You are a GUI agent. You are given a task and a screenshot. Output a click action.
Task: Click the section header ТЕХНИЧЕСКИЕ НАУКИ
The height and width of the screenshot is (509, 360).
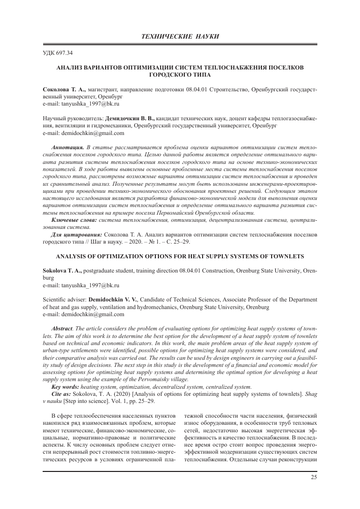pos(180,37)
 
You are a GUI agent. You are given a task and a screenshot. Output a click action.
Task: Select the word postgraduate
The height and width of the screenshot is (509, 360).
pos(101,271)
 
